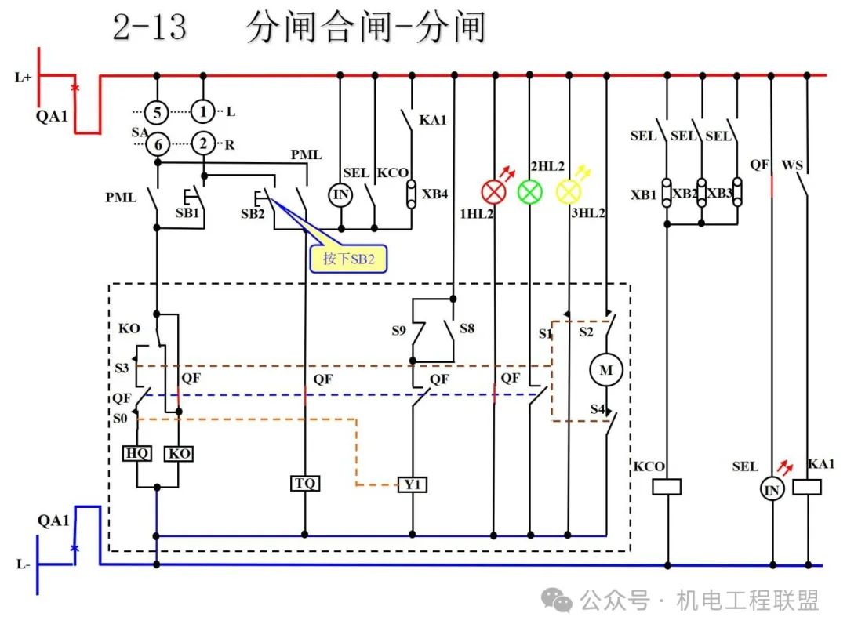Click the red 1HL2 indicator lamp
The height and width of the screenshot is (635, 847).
pos(493,192)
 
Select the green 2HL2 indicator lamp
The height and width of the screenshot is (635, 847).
pos(530,192)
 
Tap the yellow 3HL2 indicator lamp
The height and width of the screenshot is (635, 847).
pos(569,192)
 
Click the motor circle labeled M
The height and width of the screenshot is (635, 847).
pos(606,370)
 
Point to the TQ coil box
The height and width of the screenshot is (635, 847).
pos(305,483)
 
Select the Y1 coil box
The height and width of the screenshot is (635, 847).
pos(413,484)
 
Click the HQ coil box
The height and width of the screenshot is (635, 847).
pos(137,453)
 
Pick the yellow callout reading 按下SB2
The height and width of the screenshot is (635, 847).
pos(348,259)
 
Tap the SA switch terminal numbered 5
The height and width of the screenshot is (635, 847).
pos(157,113)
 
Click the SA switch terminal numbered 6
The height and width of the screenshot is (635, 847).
pos(158,144)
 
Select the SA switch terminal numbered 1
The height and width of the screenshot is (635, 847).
pos(203,112)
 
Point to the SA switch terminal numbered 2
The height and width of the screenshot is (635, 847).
pos(203,143)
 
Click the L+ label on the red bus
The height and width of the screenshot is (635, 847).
pos(23,77)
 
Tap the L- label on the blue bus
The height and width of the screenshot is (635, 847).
pos(24,564)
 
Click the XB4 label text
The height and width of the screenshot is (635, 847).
pos(434,194)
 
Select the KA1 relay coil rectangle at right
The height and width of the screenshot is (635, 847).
pos(807,487)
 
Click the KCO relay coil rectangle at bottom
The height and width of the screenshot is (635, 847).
pos(667,487)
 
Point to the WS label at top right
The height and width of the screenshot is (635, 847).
pos(792,165)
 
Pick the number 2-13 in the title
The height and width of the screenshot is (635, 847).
pos(150,27)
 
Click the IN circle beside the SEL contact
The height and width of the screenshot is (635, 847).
pos(340,194)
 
